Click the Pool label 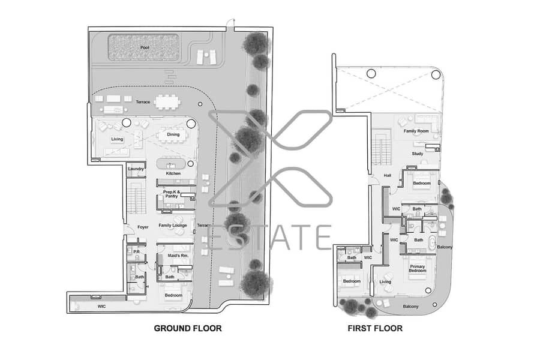point(145,47)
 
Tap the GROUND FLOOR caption point(188,328)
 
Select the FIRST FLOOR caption point(375,328)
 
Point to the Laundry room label point(136,169)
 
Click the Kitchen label point(173,173)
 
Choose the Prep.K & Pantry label point(172,194)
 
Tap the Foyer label point(143,227)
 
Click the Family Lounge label point(173,226)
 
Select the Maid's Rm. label point(178,256)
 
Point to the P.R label point(136,252)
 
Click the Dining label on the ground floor point(173,134)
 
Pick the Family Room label point(416,131)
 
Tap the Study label point(418,154)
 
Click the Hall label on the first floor point(388,175)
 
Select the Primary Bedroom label point(418,268)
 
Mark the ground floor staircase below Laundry point(137,198)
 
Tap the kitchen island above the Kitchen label point(171,163)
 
